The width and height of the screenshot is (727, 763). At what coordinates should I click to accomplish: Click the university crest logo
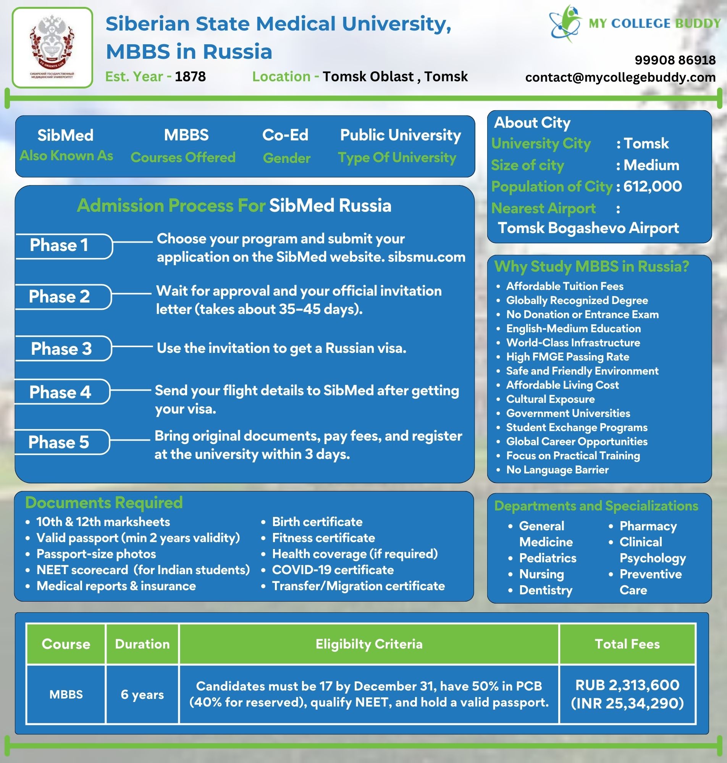pyautogui.click(x=52, y=47)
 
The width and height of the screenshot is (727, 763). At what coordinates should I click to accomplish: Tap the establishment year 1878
pyautogui.click(x=190, y=77)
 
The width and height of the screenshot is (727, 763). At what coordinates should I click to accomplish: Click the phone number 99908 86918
pyautogui.click(x=675, y=60)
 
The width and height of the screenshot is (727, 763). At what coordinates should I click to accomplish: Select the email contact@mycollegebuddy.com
pyautogui.click(x=620, y=77)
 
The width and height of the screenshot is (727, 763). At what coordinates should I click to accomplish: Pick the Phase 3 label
pyautogui.click(x=61, y=349)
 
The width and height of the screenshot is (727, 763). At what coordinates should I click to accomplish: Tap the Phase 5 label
pyautogui.click(x=58, y=442)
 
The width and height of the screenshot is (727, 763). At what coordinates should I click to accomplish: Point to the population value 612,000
pyautogui.click(x=653, y=187)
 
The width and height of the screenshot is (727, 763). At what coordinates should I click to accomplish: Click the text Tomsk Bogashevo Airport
pyautogui.click(x=588, y=228)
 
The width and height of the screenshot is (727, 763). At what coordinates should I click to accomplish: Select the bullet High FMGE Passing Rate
pyautogui.click(x=568, y=357)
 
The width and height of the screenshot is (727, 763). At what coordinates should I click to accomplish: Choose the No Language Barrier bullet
pyautogui.click(x=557, y=470)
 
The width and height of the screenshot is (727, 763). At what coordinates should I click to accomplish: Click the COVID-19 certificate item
pyautogui.click(x=333, y=570)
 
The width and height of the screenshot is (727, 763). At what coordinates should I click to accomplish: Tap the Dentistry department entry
pyautogui.click(x=546, y=590)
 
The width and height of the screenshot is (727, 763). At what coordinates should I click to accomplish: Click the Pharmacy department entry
pyautogui.click(x=648, y=526)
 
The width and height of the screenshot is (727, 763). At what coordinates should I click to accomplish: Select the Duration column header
pyautogui.click(x=142, y=644)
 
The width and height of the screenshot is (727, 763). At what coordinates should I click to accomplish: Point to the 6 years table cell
pyautogui.click(x=142, y=694)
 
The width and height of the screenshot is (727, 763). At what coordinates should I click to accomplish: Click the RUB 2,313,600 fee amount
pyautogui.click(x=627, y=685)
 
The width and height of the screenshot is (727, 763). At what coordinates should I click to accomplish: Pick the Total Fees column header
pyautogui.click(x=627, y=644)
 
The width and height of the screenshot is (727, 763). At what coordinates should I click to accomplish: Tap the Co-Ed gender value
pyautogui.click(x=285, y=135)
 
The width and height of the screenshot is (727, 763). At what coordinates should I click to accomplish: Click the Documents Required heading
pyautogui.click(x=104, y=502)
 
